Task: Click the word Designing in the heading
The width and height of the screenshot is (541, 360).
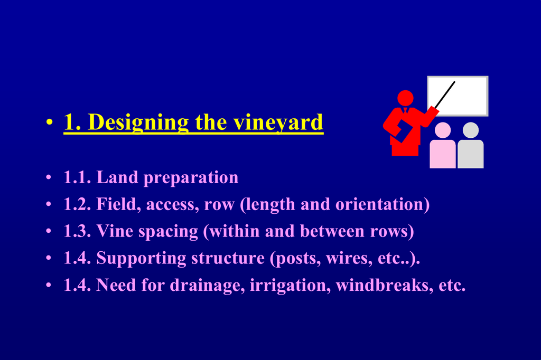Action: [138, 123]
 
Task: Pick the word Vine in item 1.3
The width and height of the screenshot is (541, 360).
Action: [115, 231]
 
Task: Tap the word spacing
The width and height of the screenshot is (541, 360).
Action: [169, 232]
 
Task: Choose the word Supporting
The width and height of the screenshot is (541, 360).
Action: [141, 259]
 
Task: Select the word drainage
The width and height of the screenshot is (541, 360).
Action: [207, 286]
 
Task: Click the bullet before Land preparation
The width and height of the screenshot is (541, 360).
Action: [49, 178]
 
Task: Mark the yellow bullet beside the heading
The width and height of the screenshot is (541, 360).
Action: [50, 122]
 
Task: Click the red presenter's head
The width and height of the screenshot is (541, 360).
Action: [405, 98]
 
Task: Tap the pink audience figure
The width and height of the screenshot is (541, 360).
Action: [443, 146]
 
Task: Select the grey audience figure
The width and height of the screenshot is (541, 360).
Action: [471, 146]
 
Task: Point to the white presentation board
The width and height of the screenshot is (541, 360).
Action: [458, 96]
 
